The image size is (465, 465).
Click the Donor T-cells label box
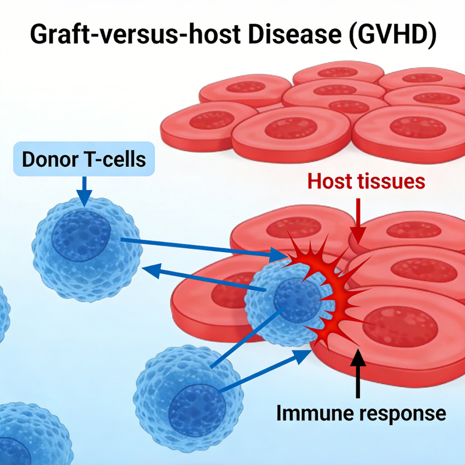click(x=84, y=159)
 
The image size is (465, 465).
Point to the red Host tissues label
click(x=366, y=181)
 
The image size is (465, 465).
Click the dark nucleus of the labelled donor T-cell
click(x=81, y=235)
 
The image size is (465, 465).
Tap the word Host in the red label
click(x=329, y=181)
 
